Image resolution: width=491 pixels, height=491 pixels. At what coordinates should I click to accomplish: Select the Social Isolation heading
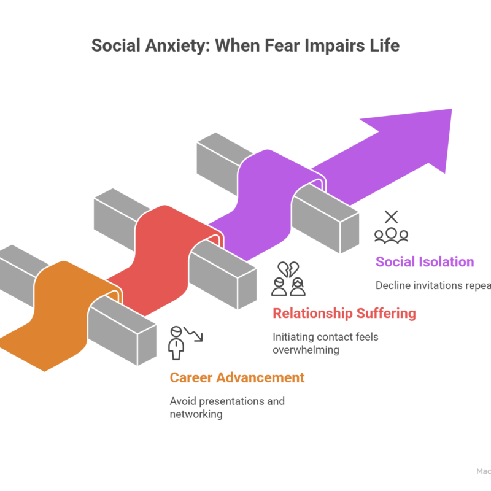pos(425,262)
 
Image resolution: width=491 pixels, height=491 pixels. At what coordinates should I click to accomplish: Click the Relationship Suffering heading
pos(344,314)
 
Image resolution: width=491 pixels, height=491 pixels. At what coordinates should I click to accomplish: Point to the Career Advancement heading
pos(237,377)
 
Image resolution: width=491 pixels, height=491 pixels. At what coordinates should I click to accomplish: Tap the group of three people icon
pos(391,234)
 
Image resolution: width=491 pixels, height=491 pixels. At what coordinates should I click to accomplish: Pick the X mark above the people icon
pos(391,216)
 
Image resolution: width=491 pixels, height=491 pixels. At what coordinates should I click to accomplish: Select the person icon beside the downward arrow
pos(177,342)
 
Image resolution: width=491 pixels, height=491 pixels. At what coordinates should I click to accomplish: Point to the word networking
pos(196,414)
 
